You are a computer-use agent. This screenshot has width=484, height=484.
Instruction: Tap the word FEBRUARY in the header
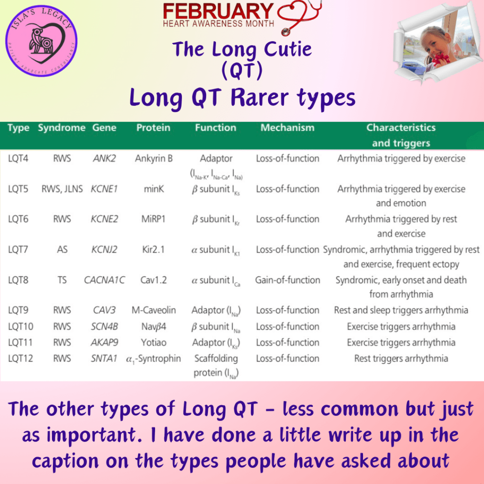(x=218, y=11)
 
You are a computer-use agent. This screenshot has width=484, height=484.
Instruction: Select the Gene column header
(x=104, y=128)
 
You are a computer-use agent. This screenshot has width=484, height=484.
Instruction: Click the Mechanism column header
(x=287, y=128)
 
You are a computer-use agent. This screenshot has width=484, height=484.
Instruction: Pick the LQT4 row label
(x=18, y=158)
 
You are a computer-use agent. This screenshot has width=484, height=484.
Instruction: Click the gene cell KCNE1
(x=104, y=189)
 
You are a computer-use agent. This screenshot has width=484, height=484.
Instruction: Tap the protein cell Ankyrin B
(x=154, y=158)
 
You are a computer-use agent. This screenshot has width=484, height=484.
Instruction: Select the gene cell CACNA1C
(x=104, y=280)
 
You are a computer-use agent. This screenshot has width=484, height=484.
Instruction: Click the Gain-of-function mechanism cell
(x=287, y=280)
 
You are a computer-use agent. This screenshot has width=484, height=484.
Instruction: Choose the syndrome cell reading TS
(x=62, y=280)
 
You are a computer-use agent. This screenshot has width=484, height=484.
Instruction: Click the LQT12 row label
(x=20, y=358)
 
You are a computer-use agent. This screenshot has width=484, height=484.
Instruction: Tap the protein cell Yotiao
(x=154, y=342)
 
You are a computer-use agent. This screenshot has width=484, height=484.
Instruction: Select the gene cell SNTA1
(x=104, y=358)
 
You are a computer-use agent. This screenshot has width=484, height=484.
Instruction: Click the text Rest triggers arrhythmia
(x=401, y=358)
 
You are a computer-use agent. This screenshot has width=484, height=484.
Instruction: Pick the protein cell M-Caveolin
(x=154, y=310)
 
